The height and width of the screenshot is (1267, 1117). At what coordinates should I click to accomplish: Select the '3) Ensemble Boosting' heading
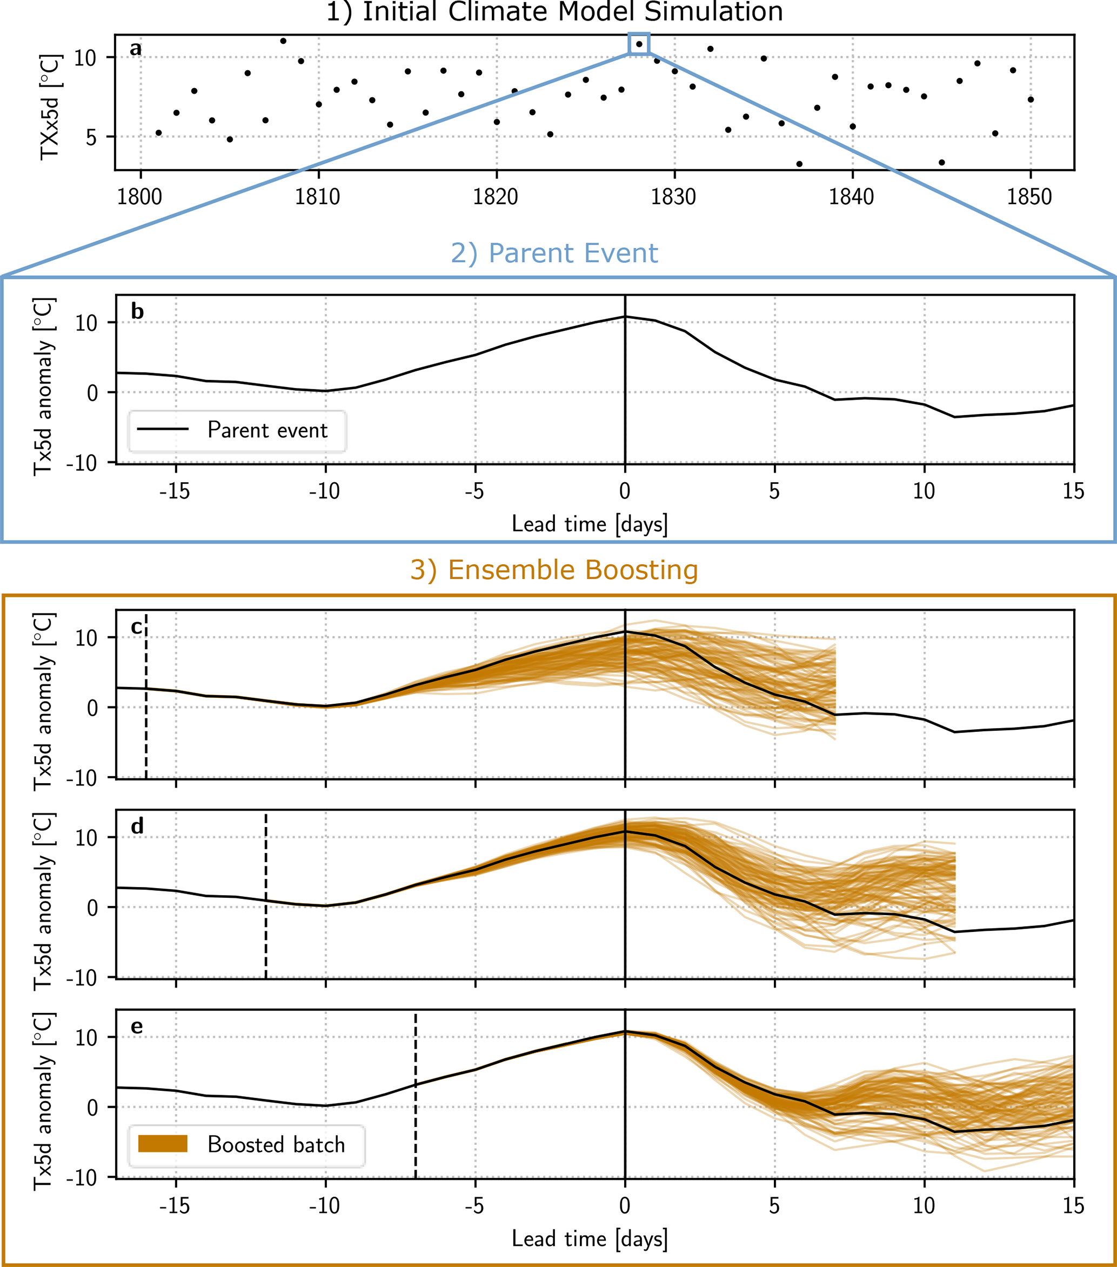pyautogui.click(x=554, y=570)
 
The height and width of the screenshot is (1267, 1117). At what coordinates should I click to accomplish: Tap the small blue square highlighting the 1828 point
pyautogui.click(x=639, y=44)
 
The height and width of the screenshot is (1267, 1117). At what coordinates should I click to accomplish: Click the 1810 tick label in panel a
pyautogui.click(x=317, y=197)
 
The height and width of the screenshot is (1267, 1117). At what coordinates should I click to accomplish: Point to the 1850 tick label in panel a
pyautogui.click(x=1029, y=197)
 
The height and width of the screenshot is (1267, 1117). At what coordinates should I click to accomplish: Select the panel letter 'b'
pyautogui.click(x=137, y=311)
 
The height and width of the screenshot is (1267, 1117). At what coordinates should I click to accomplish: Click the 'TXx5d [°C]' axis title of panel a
pyautogui.click(x=50, y=106)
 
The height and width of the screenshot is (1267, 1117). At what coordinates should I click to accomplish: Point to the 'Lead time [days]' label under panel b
pyautogui.click(x=590, y=524)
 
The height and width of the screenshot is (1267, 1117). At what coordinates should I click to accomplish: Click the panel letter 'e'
pyautogui.click(x=137, y=1026)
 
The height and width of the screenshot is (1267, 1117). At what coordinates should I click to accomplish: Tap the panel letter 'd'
pyautogui.click(x=137, y=826)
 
